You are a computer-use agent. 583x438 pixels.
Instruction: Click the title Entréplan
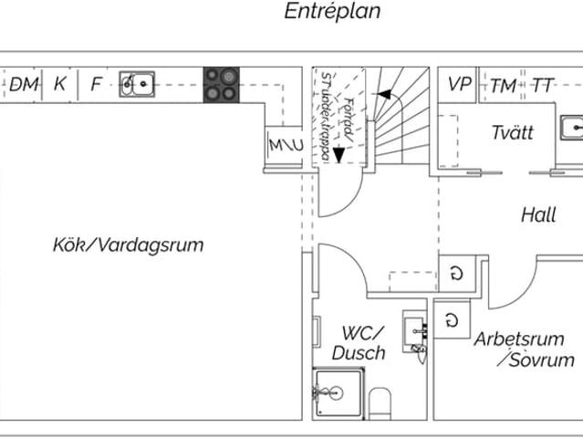[332, 12]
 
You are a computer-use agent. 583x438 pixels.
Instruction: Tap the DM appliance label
[25, 85]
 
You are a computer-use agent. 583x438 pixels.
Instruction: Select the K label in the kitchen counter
[60, 85]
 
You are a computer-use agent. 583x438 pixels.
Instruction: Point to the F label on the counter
[96, 85]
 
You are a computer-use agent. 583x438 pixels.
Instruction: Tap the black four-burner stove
[220, 85]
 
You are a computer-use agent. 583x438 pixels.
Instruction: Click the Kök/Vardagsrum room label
[128, 245]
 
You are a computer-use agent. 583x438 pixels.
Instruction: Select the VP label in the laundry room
[459, 85]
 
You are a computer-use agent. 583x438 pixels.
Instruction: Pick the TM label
[503, 86]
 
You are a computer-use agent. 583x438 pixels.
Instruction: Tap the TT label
[543, 86]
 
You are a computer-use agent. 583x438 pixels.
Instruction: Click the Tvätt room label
[512, 132]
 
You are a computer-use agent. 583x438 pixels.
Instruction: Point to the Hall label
[538, 215]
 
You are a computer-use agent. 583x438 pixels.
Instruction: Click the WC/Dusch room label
[359, 343]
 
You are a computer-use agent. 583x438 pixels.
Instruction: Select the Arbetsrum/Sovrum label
[525, 349]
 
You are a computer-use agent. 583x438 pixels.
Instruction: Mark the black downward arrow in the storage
[339, 154]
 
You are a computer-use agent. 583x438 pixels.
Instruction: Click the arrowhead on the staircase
[384, 93]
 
